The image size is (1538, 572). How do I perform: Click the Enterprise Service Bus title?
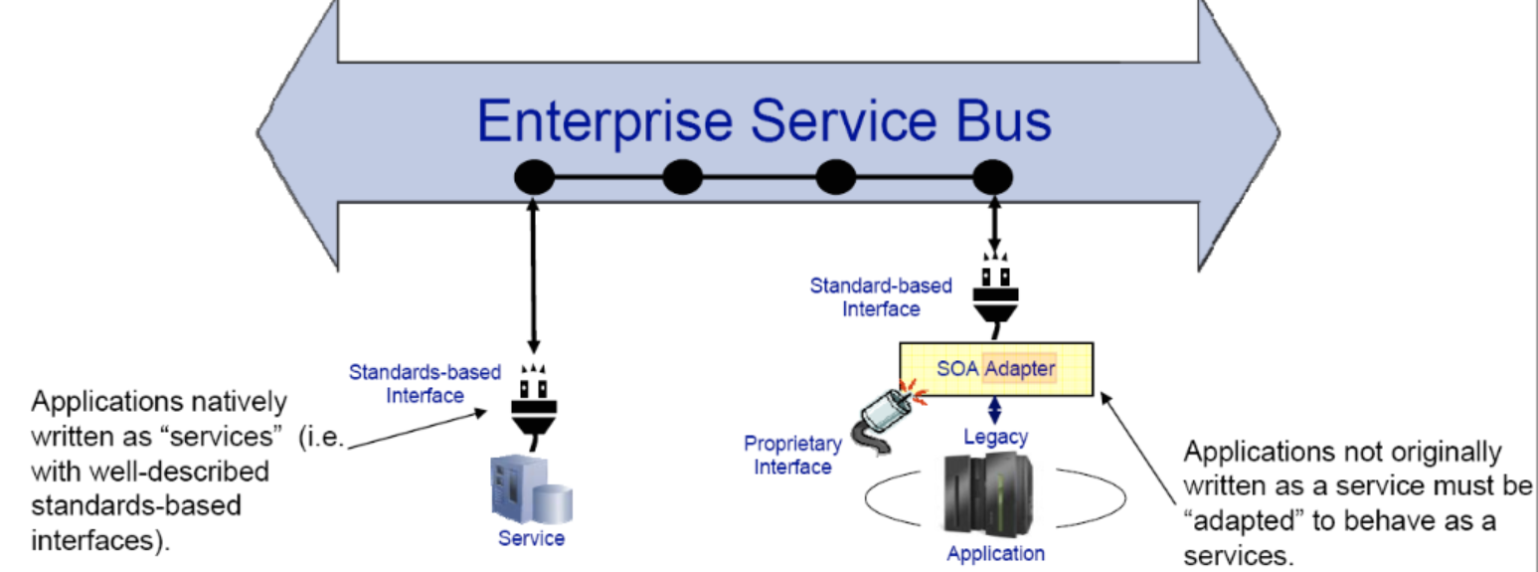pyautogui.click(x=764, y=120)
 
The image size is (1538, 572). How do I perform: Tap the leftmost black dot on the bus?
pyautogui.click(x=534, y=178)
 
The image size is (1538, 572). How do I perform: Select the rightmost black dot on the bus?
pyautogui.click(x=992, y=178)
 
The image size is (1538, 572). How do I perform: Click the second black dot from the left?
pyautogui.click(x=682, y=178)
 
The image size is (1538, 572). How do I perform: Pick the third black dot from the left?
pyautogui.click(x=835, y=178)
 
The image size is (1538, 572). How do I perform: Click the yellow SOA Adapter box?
pyautogui.click(x=995, y=369)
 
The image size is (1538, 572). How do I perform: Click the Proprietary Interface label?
pyautogui.click(x=792, y=455)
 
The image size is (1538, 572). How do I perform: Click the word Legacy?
pyautogui.click(x=995, y=436)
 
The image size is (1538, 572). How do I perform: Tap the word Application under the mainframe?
pyautogui.click(x=995, y=553)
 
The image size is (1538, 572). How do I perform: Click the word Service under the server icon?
pyautogui.click(x=531, y=538)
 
